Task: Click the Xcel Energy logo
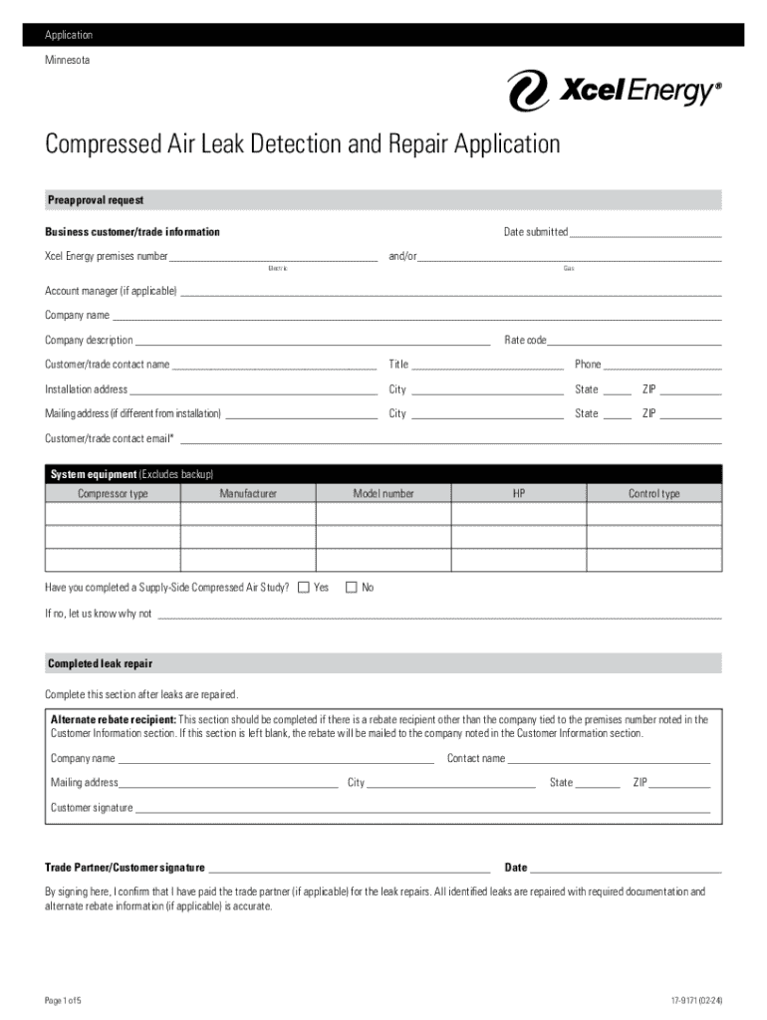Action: coord(614,92)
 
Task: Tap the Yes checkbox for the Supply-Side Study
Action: coord(304,588)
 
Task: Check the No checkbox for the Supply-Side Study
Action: coord(351,588)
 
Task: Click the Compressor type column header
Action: coord(113,494)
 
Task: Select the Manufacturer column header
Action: coord(248,494)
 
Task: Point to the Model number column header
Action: coord(383,494)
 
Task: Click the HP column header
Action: coord(519,494)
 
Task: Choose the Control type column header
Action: coord(653,494)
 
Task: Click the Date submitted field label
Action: coord(535,232)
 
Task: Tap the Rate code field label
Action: coord(525,341)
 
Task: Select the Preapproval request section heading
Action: coord(96,201)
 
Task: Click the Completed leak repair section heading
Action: coord(100,663)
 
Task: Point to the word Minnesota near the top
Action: coord(67,60)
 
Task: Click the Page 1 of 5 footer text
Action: coord(69,1000)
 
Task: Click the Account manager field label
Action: coord(111,291)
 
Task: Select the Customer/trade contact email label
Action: coord(109,438)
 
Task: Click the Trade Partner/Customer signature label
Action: coord(125,868)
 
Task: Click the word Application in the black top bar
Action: coord(69,35)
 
